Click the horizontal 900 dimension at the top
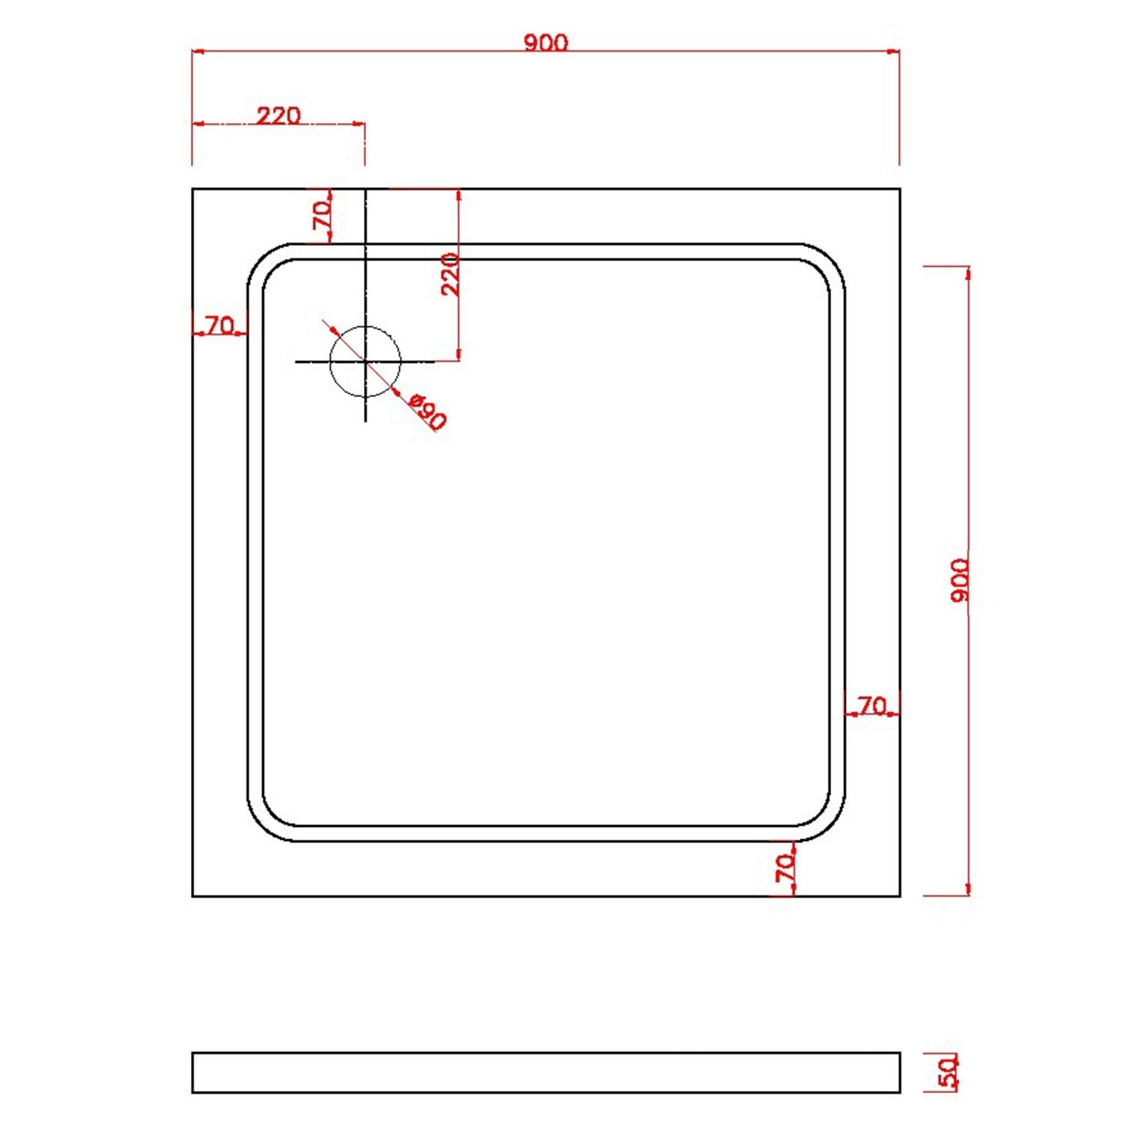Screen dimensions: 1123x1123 pos(546,43)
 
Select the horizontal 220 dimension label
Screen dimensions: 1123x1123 pos(279,115)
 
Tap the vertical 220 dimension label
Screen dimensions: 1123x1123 pos(450,275)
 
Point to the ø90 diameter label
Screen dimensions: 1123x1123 pos(428,412)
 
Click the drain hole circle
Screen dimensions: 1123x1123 pos(365,362)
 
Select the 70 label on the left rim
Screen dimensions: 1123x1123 pos(219,325)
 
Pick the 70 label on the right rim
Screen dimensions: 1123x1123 pos(871,705)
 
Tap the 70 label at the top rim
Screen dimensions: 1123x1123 pos(322,216)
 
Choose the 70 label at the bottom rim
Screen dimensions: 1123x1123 pos(785,868)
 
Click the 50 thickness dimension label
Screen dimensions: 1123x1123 pos(949,1072)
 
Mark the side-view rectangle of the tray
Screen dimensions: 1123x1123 pos(546,1072)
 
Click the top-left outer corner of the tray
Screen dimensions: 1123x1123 pos(193,189)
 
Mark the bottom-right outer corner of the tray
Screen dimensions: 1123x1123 pos(899,895)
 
